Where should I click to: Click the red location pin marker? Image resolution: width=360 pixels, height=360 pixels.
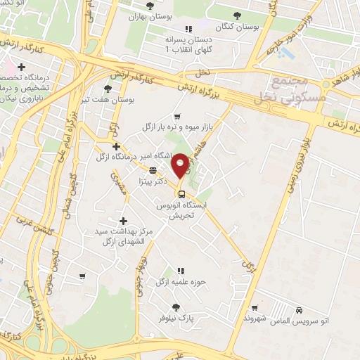click(x=180, y=165)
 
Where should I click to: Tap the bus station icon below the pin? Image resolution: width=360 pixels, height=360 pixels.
click(x=181, y=194)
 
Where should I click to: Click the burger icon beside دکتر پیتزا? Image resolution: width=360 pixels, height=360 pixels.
click(x=153, y=169)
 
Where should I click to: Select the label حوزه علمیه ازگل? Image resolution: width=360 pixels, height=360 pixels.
click(x=180, y=282)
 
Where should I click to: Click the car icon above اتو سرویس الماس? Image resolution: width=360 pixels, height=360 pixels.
click(x=300, y=310)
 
